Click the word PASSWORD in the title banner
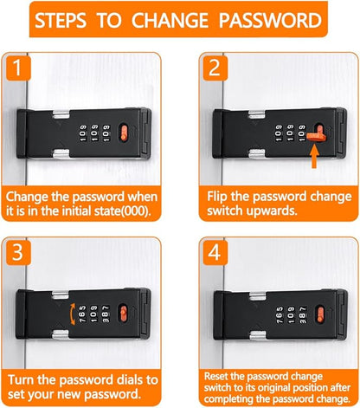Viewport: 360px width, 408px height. point(270,20)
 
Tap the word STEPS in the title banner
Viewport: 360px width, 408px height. point(61,20)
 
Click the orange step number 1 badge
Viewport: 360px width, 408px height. point(17,68)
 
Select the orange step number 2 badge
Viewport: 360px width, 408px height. point(215,68)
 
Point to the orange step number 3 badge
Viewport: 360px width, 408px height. point(18,252)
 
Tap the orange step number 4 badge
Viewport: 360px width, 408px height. point(215,252)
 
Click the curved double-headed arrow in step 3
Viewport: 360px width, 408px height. point(72,314)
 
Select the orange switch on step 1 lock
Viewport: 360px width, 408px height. point(124,133)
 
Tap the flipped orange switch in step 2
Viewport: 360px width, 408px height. point(317,135)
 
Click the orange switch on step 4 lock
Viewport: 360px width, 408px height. point(320,315)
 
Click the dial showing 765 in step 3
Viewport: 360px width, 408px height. point(82,314)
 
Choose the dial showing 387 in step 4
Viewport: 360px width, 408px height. point(303,315)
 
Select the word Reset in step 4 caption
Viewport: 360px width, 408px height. point(216,376)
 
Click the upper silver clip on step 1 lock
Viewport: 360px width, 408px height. point(61,114)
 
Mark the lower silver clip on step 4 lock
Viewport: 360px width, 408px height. point(258,335)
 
